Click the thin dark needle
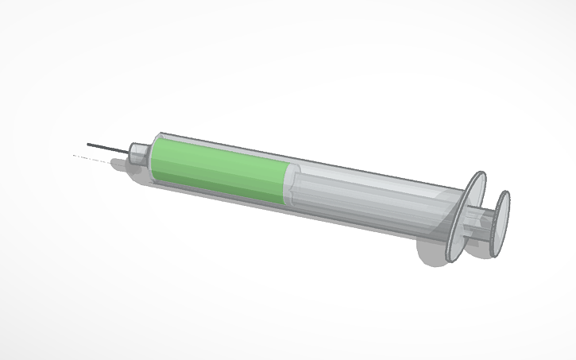[107, 148]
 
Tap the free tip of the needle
[88, 144]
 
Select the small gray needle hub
[139, 152]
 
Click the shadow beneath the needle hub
[123, 165]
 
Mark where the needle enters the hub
[130, 151]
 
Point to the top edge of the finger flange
[480, 174]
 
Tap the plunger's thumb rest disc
[501, 223]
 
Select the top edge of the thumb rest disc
[505, 192]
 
